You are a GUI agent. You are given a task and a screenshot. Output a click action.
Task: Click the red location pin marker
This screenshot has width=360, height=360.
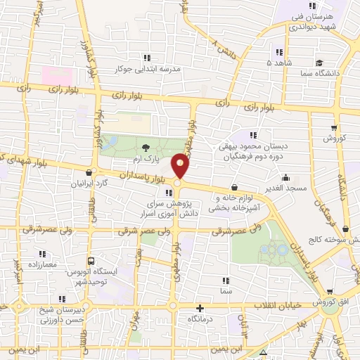pos(181,166)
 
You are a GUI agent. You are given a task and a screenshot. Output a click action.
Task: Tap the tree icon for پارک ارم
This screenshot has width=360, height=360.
pos(146,147)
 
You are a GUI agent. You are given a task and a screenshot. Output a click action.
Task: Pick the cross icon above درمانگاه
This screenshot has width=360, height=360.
pos(200,307)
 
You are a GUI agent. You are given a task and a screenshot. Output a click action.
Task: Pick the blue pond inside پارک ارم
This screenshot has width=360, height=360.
pos(110,143)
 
